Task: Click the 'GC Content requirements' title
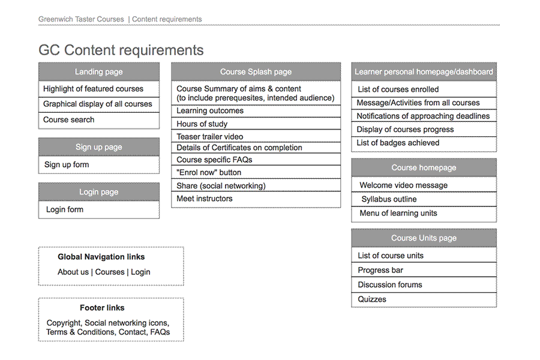coord(121,50)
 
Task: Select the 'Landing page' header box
coord(99,71)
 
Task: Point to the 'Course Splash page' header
coord(256,71)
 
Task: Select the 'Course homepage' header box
coord(424,167)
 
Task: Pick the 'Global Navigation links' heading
coord(101,257)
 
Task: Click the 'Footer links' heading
coord(102,308)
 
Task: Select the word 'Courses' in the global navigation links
coord(110,272)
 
